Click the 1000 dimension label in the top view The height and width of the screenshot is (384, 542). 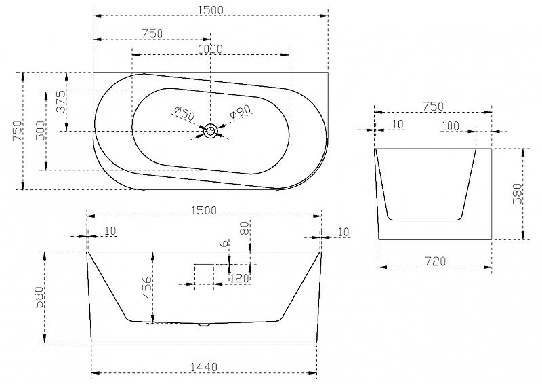(x=210, y=49)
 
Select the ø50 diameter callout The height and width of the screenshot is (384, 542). (x=184, y=114)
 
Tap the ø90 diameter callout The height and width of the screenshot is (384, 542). (x=241, y=111)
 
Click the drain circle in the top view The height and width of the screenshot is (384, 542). (x=210, y=131)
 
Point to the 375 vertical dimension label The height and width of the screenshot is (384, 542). (x=61, y=102)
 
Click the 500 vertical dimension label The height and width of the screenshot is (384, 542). (x=41, y=130)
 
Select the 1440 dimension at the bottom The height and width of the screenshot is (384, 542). (x=205, y=366)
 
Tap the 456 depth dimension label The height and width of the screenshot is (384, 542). (x=147, y=287)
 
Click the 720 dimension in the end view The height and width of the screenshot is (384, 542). (x=435, y=261)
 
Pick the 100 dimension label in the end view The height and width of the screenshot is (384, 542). (x=451, y=126)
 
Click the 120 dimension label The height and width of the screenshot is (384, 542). (x=240, y=278)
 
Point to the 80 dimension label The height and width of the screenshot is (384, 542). (x=245, y=228)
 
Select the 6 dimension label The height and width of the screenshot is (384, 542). (x=224, y=244)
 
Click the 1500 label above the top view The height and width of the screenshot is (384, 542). (x=211, y=10)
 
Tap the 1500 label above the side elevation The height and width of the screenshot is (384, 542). (x=204, y=210)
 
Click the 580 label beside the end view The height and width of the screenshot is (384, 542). (x=518, y=194)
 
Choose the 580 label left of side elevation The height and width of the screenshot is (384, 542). (x=39, y=297)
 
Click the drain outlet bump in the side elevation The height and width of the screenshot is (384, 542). (x=205, y=325)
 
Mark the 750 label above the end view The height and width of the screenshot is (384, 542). (x=433, y=106)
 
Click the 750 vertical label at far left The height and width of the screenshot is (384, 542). (x=18, y=130)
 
